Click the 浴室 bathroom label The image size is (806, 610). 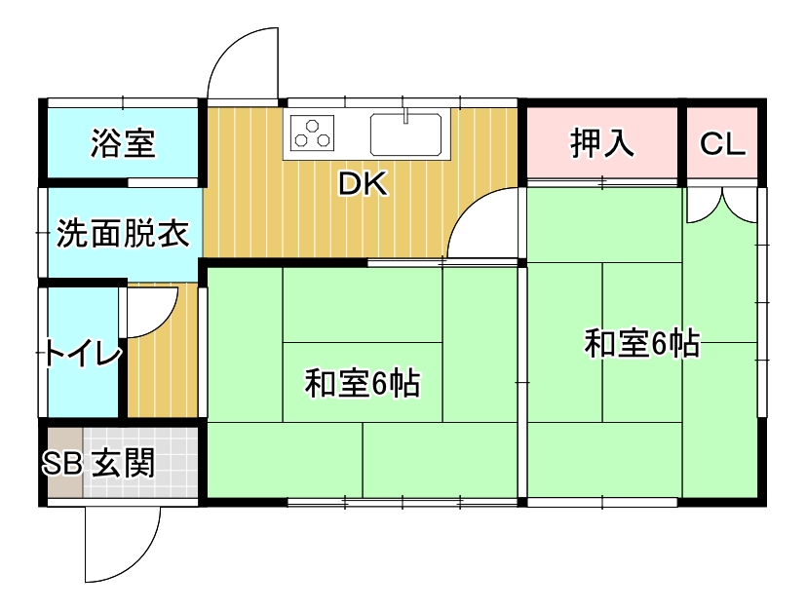pos(123,143)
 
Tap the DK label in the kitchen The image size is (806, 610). pos(363,183)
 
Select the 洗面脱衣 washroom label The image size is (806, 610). pos(123,233)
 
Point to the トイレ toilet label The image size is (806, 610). pos(83,353)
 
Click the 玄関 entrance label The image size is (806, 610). pos(124,463)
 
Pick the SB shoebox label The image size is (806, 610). pos(61,463)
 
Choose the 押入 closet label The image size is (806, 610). pos(602,143)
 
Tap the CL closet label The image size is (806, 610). pos(722,144)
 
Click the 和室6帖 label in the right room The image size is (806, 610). pos(642,343)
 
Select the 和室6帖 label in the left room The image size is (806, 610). pos(363,383)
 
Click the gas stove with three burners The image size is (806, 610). pos(312,133)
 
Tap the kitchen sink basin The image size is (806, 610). pos(405,134)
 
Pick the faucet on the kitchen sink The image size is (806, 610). pos(405,116)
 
